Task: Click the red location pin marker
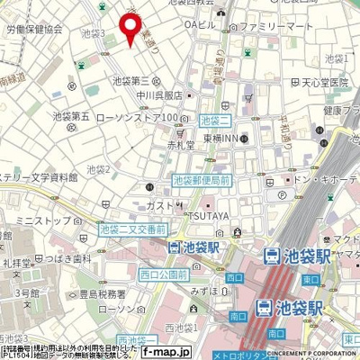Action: click(130, 27)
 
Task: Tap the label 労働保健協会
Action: click(32, 29)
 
